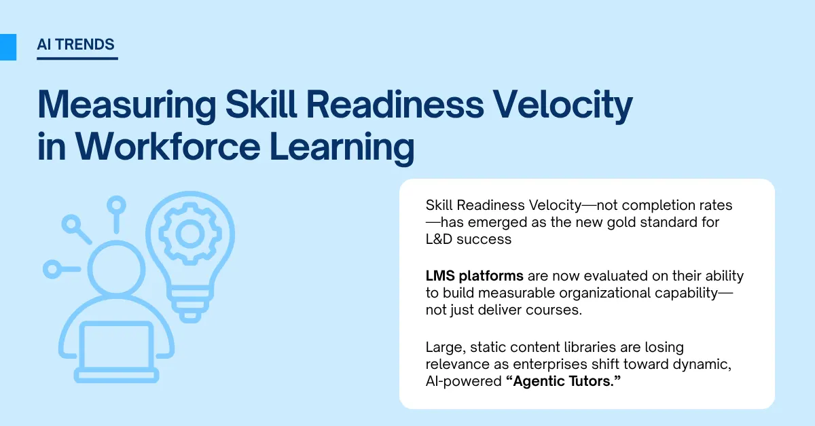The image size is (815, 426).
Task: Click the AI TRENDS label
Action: [76, 46]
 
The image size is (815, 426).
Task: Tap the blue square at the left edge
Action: [7, 46]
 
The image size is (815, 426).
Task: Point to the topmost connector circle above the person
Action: [117, 204]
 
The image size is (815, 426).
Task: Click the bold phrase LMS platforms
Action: [474, 276]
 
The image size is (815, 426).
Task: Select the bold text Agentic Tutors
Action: [564, 383]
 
